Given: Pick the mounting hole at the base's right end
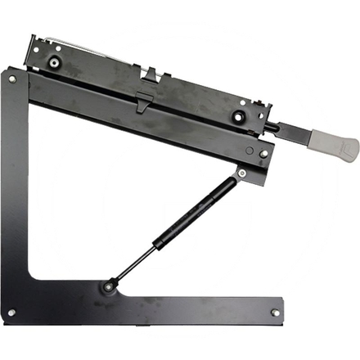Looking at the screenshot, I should (275, 312).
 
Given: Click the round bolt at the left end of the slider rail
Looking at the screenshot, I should (55, 62).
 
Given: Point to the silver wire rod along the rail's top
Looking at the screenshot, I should (98, 46).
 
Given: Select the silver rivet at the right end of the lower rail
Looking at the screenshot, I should (263, 153).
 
